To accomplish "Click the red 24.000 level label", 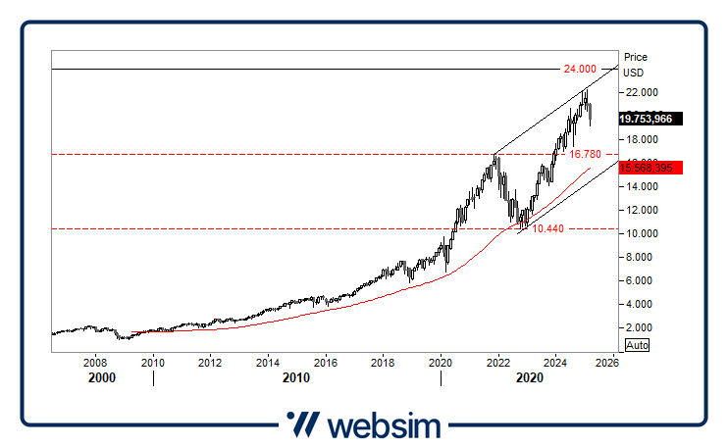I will [580, 69].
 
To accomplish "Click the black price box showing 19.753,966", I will [650, 119].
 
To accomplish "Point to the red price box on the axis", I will [650, 168].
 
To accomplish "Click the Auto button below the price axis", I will [637, 345].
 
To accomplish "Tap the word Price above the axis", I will [636, 57].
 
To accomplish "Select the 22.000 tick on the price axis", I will [643, 92].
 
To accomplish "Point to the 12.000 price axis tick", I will [643, 210].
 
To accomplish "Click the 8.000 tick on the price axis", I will [640, 257].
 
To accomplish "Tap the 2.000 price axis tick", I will [640, 327].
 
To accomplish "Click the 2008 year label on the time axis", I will [96, 362].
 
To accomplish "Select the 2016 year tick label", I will [326, 362].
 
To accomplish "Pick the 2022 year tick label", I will [498, 362].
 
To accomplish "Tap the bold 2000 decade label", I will [101, 377].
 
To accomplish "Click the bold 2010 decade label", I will [296, 377].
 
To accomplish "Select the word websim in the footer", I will [384, 425].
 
